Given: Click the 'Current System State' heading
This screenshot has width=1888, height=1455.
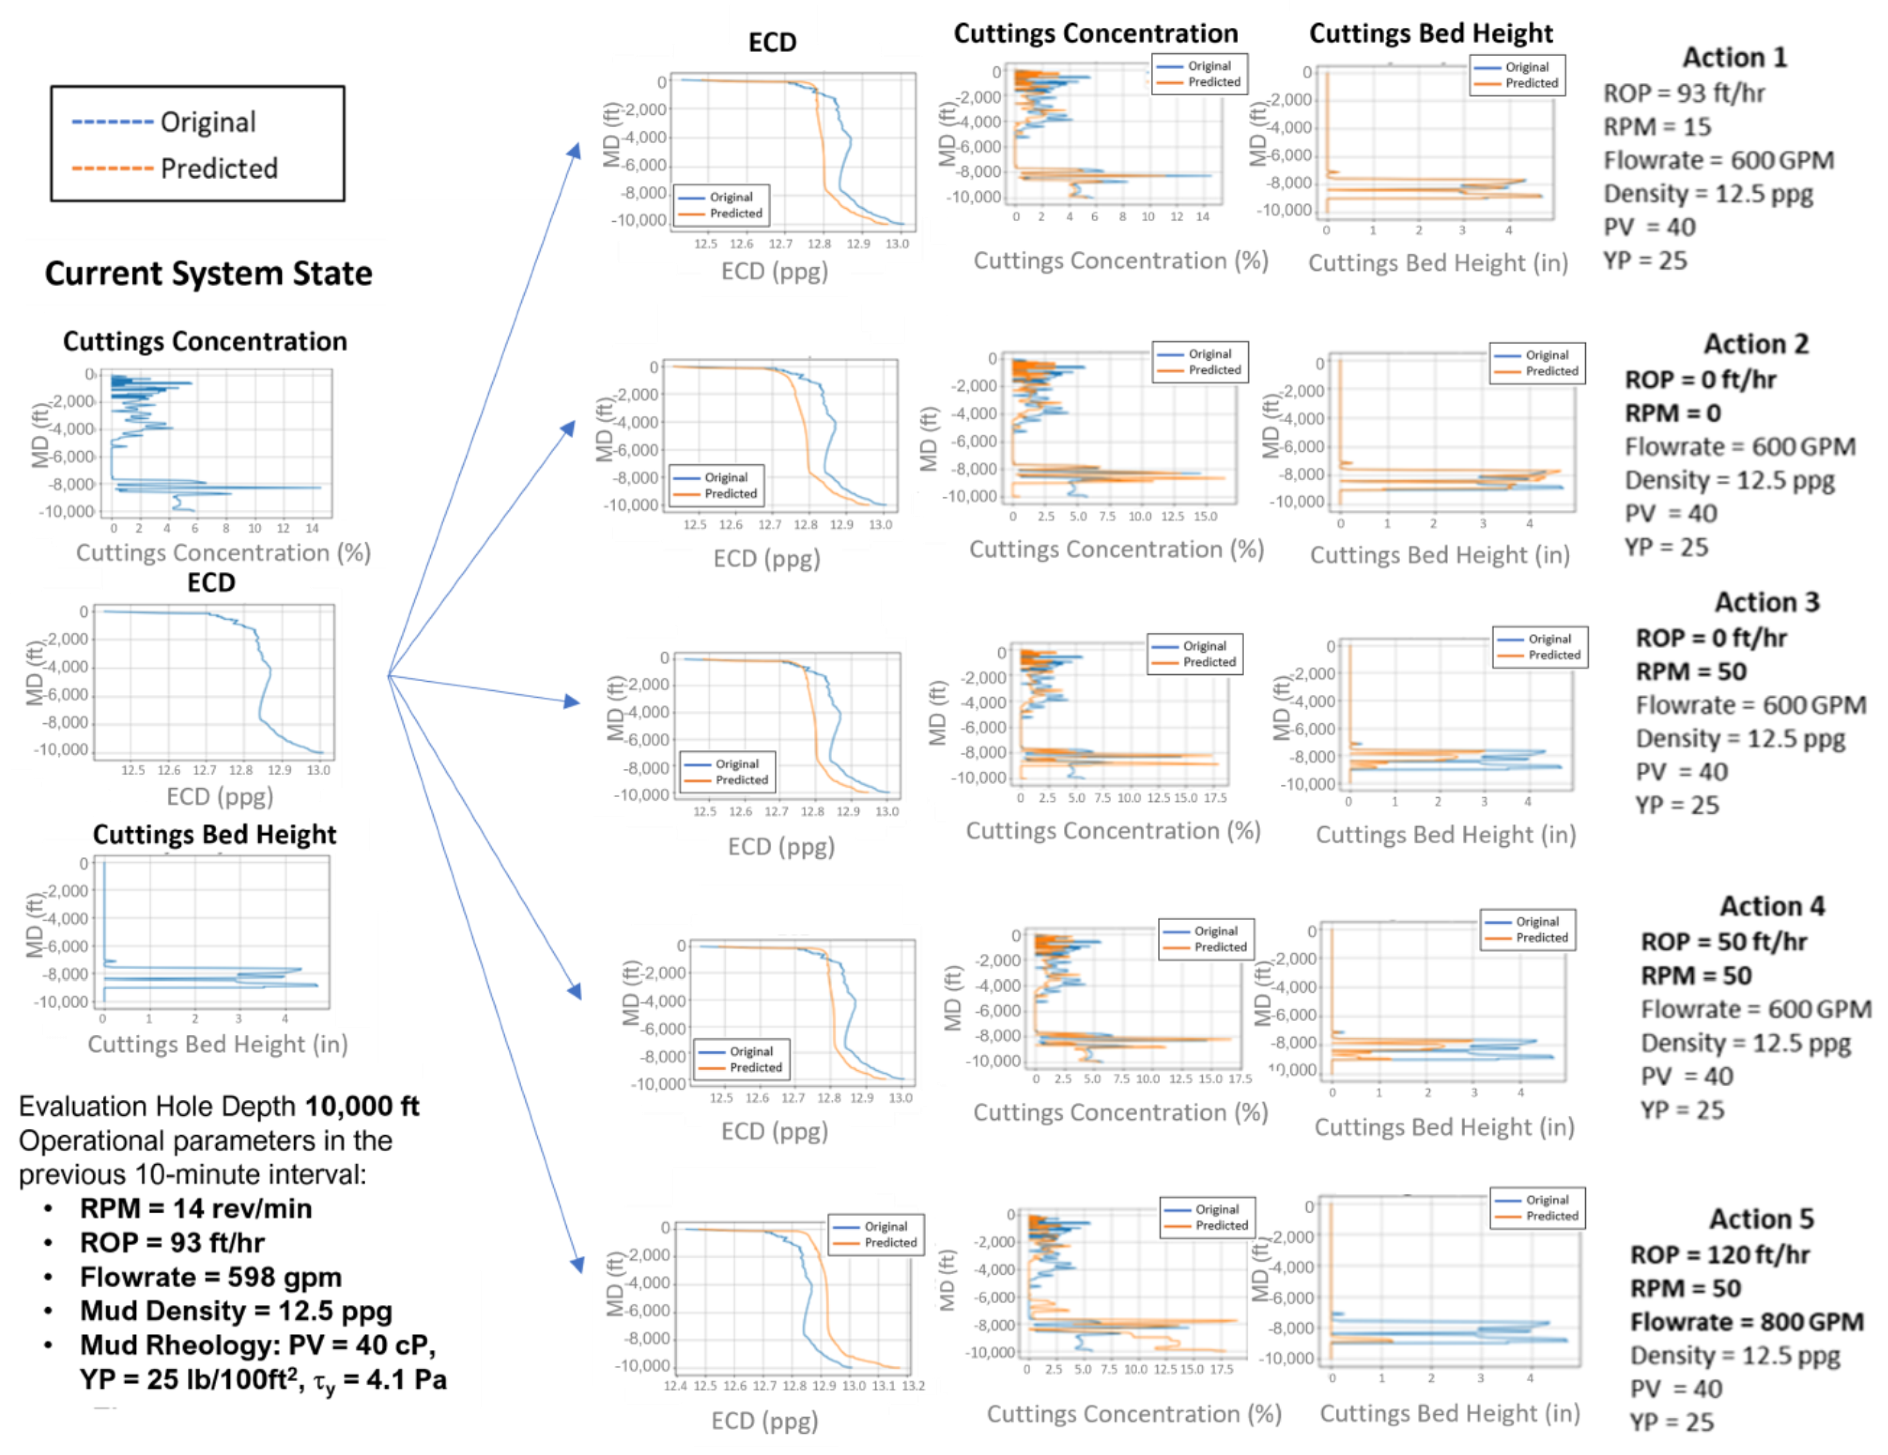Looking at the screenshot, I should [208, 273].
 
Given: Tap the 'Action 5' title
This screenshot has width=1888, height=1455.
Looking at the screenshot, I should [1761, 1218].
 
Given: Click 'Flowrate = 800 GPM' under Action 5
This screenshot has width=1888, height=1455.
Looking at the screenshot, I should [1746, 1321].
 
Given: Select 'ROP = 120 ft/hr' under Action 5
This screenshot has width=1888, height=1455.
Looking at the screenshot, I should [1718, 1254].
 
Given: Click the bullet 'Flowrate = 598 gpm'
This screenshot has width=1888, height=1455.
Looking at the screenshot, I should [210, 1277].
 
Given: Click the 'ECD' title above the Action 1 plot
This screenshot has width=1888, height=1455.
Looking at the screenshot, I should [772, 42].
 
